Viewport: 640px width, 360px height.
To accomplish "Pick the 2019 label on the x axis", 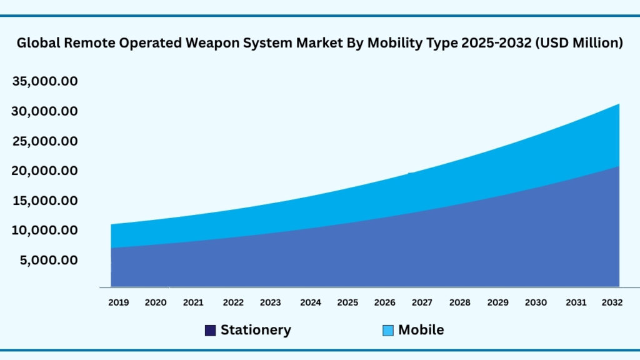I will [x=118, y=302].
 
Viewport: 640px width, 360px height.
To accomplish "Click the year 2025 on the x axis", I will [x=347, y=302].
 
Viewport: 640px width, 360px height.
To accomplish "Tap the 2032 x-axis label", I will [x=612, y=302].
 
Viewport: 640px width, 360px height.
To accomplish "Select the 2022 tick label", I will [x=233, y=302].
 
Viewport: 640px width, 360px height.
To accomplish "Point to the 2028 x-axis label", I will [x=460, y=302].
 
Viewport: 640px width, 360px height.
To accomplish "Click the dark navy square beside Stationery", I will [x=211, y=331].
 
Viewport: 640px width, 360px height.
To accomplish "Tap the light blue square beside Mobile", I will [x=388, y=331].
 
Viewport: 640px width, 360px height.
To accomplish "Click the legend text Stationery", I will [x=256, y=330].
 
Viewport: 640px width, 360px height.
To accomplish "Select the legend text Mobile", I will [x=421, y=330].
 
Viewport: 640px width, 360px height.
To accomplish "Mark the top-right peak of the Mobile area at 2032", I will [x=619, y=104].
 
